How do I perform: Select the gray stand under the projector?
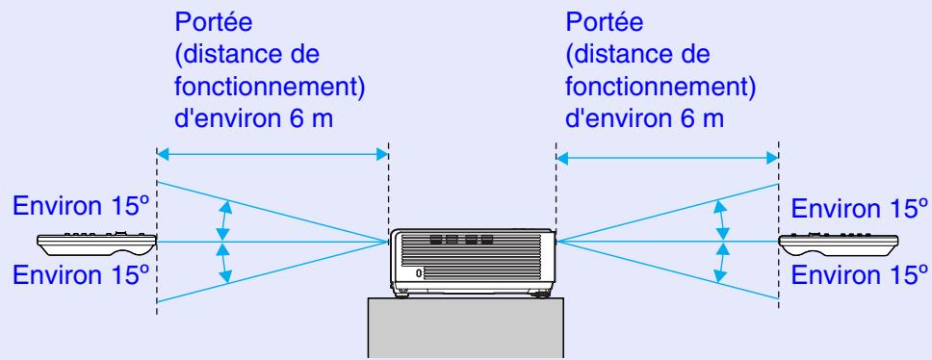(x=471, y=327)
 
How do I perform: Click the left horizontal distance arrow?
(x=272, y=153)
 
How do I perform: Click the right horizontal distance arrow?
(x=666, y=153)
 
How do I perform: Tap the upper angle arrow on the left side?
(x=225, y=220)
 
